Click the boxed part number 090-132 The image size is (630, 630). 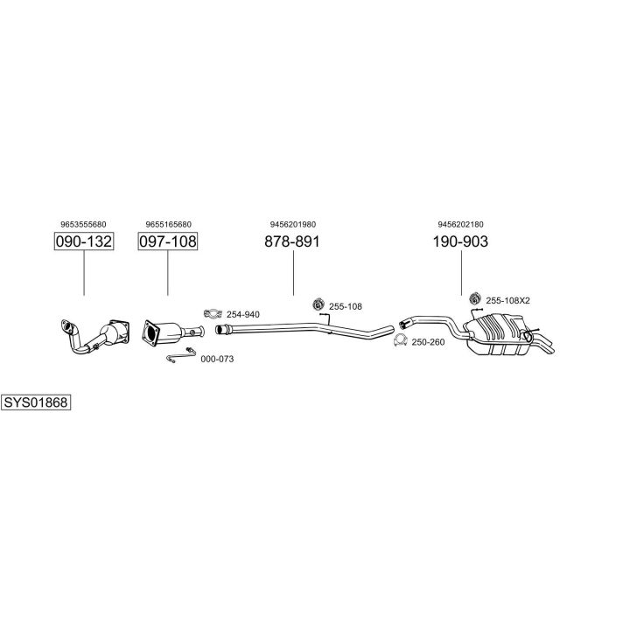point(84,241)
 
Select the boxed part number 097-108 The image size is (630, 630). point(168,241)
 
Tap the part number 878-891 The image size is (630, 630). point(292,241)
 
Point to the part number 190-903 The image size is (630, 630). point(460,241)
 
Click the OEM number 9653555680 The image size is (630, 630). point(84,224)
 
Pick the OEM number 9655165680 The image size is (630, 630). point(168,224)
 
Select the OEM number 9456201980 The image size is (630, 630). point(292,224)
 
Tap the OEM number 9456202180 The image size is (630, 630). point(460,224)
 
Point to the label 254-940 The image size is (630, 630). point(242,314)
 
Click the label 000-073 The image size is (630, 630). point(217,359)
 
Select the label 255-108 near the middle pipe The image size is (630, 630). point(345,306)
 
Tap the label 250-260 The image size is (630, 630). point(428,341)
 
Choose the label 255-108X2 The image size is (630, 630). point(507,300)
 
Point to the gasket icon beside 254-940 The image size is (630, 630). point(212,313)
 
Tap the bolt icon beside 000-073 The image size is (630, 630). point(180,358)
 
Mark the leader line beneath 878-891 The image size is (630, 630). point(292,273)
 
